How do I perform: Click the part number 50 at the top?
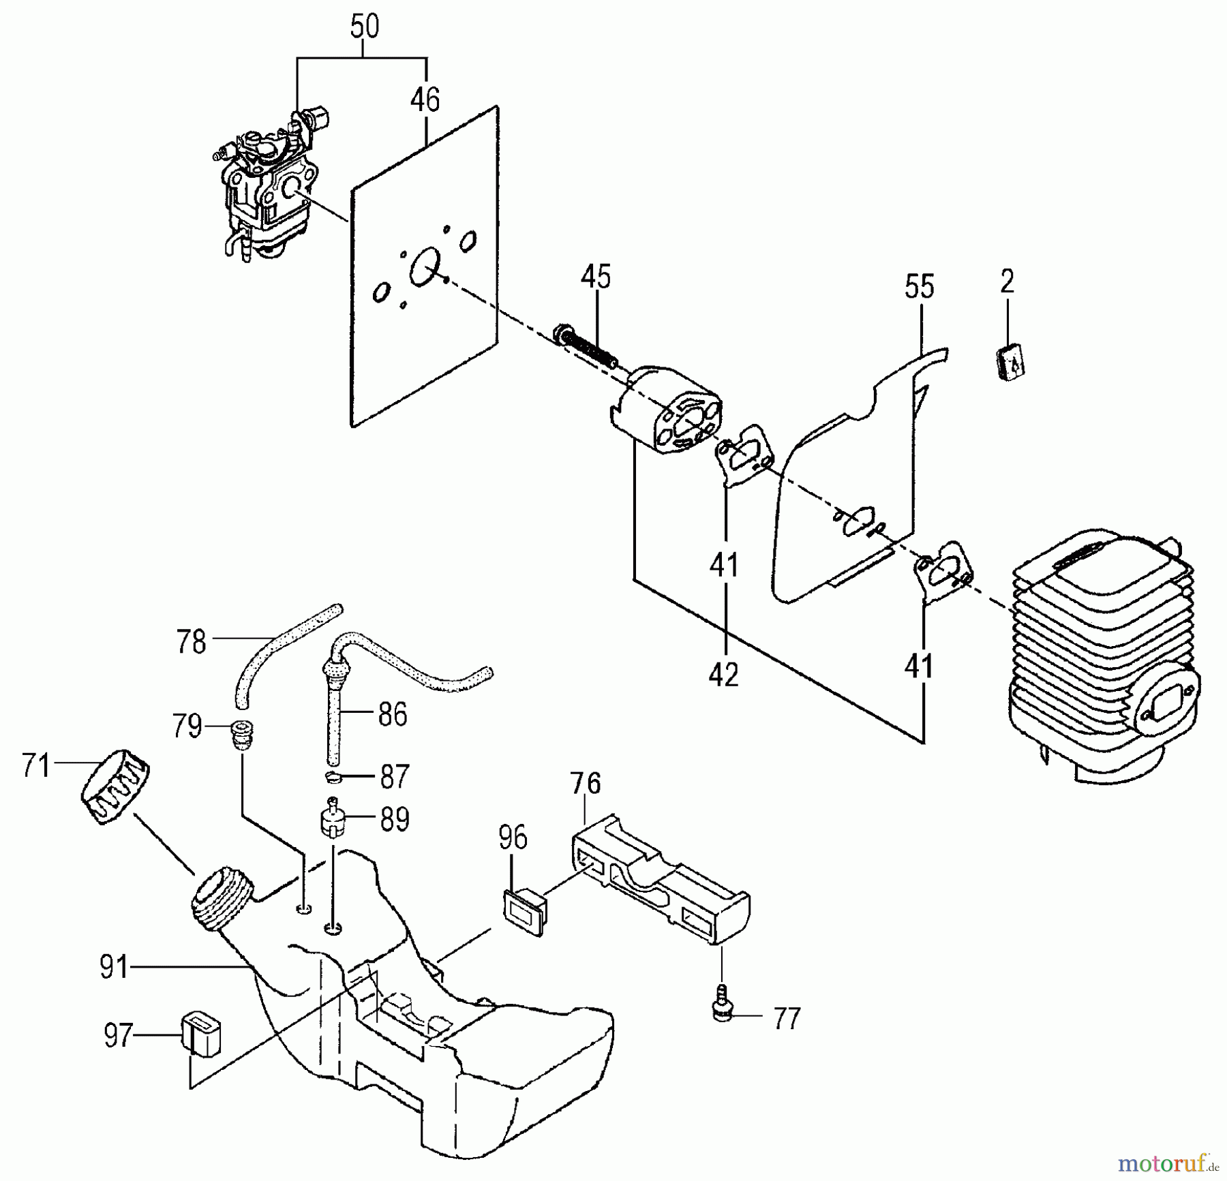[364, 27]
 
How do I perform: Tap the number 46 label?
[425, 100]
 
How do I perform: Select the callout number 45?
[596, 277]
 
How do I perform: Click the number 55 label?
[919, 287]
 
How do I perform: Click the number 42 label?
[723, 675]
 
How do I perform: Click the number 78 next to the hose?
[191, 642]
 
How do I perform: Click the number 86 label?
[392, 715]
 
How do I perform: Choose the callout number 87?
[394, 777]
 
